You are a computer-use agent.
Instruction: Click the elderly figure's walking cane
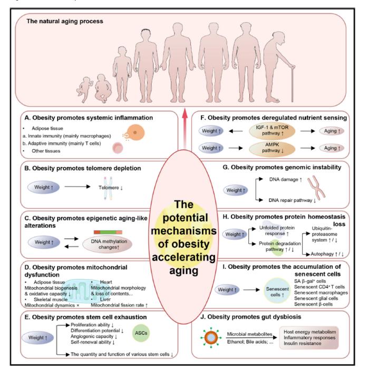[x=292, y=84]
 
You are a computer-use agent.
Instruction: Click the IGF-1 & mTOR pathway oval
[x=272, y=130]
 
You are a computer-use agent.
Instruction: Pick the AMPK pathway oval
[x=272, y=148]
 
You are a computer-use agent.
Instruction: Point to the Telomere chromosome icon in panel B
[x=108, y=188]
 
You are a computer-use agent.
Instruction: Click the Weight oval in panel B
[x=43, y=188]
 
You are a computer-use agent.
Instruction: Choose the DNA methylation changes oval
[x=108, y=244]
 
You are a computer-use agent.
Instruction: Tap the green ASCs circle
[x=141, y=333]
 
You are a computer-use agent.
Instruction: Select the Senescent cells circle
[x=277, y=292]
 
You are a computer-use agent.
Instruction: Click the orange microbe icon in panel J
[x=211, y=337]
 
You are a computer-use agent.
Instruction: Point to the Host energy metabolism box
[x=309, y=337]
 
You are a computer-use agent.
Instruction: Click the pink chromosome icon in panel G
[x=316, y=187]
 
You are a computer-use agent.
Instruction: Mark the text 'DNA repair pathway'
[x=290, y=200]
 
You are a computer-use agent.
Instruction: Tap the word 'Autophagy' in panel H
[x=322, y=254]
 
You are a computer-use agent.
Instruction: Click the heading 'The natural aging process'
[x=65, y=21]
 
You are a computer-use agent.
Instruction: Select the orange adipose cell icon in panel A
[x=135, y=132]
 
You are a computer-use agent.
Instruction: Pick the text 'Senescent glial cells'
[x=316, y=298]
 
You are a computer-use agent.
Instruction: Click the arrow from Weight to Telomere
[x=77, y=187]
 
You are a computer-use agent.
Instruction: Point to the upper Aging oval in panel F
[x=332, y=131]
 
